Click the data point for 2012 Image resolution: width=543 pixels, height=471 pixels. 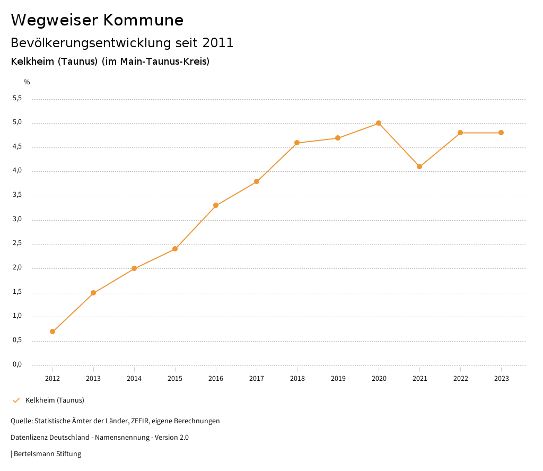pyautogui.click(x=52, y=332)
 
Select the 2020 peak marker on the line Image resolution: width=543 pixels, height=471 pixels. pyautogui.click(x=379, y=123)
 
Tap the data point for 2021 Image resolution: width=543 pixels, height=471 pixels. pyautogui.click(x=419, y=167)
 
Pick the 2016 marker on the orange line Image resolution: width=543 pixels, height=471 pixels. pyautogui.click(x=216, y=205)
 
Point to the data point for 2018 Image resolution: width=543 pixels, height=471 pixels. pyautogui.click(x=297, y=143)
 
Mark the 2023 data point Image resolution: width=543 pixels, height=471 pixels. pyautogui.click(x=501, y=133)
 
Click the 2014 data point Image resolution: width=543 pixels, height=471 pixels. pyautogui.click(x=134, y=268)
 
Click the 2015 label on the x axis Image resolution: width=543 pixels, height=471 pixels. pyautogui.click(x=175, y=379)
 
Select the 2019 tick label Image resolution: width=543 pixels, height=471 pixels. pyautogui.click(x=338, y=379)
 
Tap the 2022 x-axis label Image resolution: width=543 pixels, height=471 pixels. pyautogui.click(x=460, y=379)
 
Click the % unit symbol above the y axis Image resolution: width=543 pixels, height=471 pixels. pyautogui.click(x=27, y=82)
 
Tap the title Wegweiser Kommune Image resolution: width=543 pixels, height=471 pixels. pyautogui.click(x=97, y=20)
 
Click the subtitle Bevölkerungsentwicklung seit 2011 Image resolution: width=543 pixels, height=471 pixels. pyautogui.click(x=122, y=43)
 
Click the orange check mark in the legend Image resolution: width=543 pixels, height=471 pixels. pyautogui.click(x=16, y=400)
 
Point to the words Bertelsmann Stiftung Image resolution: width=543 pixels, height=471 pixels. pyautogui.click(x=47, y=454)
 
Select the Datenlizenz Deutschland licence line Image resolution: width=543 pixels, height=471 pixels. pyautogui.click(x=100, y=438)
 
